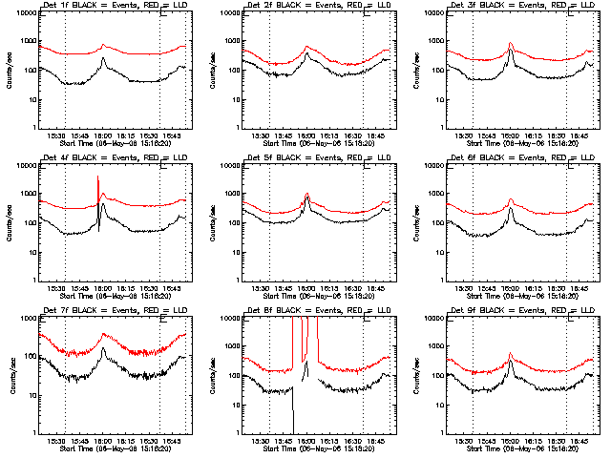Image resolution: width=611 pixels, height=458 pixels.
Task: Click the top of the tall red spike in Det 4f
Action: pyautogui.click(x=97, y=177)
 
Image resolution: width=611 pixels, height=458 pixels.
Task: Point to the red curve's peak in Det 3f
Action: pyautogui.click(x=511, y=43)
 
